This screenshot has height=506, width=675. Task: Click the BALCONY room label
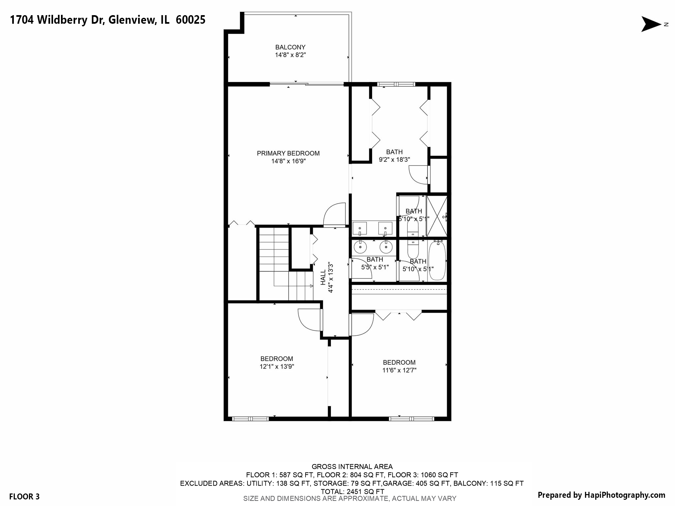(290, 47)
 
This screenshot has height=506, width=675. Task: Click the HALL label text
(323, 277)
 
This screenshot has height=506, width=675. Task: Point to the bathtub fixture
(437, 260)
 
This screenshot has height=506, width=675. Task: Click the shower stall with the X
(437, 216)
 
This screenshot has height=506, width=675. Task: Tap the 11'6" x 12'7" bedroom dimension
(399, 370)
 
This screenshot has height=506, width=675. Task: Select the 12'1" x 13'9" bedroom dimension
(277, 366)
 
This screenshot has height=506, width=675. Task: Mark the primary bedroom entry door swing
(335, 214)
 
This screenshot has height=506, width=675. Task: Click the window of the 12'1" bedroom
(250, 419)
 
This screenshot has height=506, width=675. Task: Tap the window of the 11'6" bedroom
(411, 419)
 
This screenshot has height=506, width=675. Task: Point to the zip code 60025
(191, 20)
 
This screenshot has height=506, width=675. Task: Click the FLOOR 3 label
(24, 496)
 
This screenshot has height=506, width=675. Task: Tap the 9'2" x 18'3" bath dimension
(394, 160)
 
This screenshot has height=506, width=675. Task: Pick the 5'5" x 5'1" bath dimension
(375, 267)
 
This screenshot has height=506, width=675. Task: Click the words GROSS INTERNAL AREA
(352, 466)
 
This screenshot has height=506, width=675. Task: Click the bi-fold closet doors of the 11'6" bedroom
(398, 315)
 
